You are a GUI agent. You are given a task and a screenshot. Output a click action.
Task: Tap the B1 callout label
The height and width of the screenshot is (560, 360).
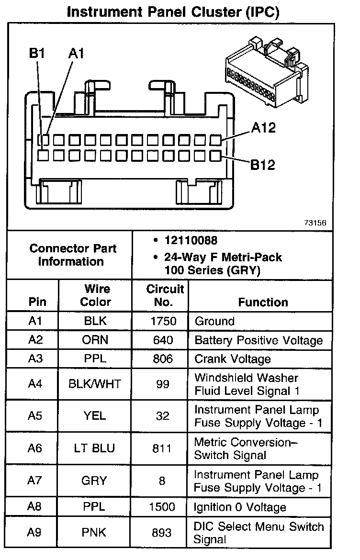click(37, 53)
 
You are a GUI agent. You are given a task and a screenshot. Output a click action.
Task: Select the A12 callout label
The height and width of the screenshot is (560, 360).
click(264, 128)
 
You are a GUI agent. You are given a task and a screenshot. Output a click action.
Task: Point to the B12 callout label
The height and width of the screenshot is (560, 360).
click(263, 165)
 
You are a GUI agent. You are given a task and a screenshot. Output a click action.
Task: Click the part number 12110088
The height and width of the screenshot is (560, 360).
click(187, 241)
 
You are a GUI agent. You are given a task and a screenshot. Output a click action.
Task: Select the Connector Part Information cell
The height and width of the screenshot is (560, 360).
click(73, 255)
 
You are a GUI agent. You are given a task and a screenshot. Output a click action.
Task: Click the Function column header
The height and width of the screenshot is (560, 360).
click(263, 302)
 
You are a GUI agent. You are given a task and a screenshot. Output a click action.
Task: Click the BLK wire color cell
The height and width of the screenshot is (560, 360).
click(95, 321)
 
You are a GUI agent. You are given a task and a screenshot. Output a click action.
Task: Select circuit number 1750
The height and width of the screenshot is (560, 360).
click(163, 321)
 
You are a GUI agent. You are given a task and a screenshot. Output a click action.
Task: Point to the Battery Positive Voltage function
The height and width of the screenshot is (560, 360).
click(259, 340)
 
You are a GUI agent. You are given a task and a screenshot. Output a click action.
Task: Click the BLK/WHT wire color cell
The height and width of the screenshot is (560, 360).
click(95, 384)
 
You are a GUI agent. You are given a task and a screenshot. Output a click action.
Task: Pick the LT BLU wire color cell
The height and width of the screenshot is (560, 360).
click(95, 448)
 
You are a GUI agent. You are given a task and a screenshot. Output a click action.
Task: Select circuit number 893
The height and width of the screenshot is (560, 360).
click(163, 532)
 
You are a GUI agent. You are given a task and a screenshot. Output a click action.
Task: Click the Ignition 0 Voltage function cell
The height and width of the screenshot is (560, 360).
click(240, 507)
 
